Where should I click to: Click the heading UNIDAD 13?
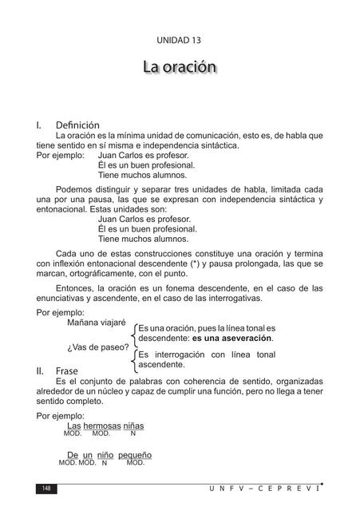pyautogui.click(x=180, y=39)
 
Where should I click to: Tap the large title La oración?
pyautogui.click(x=180, y=67)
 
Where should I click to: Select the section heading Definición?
pyautogui.click(x=77, y=125)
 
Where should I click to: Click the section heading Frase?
pyautogui.click(x=67, y=371)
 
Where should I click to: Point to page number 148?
pyautogui.click(x=46, y=488)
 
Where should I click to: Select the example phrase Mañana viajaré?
pyautogui.click(x=97, y=323)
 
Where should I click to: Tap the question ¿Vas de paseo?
pyautogui.click(x=97, y=347)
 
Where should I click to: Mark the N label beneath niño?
pyautogui.click(x=105, y=463)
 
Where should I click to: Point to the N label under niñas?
pyautogui.click(x=133, y=434)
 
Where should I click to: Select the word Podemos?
pyautogui.click(x=77, y=188)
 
